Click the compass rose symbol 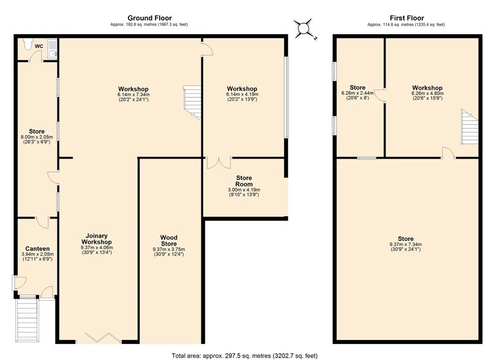[304, 29]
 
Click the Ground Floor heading [149, 18]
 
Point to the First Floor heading [406, 18]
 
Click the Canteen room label [37, 248]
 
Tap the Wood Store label [169, 239]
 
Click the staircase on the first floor [469, 128]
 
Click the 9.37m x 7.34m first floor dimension [406, 246]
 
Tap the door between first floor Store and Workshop [379, 96]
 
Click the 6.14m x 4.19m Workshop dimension [242, 95]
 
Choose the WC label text [39, 47]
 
